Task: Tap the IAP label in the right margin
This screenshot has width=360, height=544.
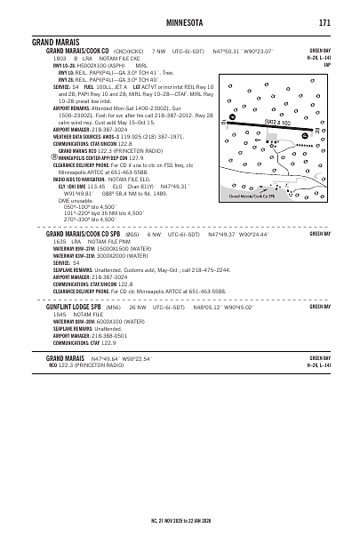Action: click(328, 65)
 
